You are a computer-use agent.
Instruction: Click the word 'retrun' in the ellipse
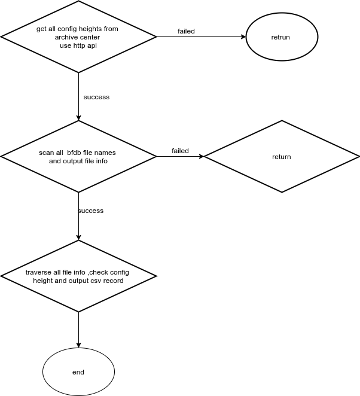[280, 37]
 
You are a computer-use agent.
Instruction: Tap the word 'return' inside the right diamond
[282, 157]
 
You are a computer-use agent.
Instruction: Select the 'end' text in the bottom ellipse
[78, 372]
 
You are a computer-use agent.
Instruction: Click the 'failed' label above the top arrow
[187, 31]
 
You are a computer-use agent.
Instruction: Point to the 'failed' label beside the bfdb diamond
[180, 151]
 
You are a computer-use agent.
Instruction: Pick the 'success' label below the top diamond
[96, 97]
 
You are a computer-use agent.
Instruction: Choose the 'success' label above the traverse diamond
[91, 211]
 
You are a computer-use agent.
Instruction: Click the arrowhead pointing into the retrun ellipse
[243, 37]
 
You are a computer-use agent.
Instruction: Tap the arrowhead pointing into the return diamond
[202, 157]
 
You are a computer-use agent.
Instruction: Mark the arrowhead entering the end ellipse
[78, 345]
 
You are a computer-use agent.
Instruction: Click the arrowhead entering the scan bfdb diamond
[78, 118]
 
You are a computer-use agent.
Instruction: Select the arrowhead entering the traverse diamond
[78, 237]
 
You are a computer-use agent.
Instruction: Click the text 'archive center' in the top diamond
[77, 37]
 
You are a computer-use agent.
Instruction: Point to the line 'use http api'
[78, 45]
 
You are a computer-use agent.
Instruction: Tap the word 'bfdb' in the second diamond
[74, 153]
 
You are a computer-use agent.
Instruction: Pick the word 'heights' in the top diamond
[89, 29]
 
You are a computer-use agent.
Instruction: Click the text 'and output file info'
[78, 161]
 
